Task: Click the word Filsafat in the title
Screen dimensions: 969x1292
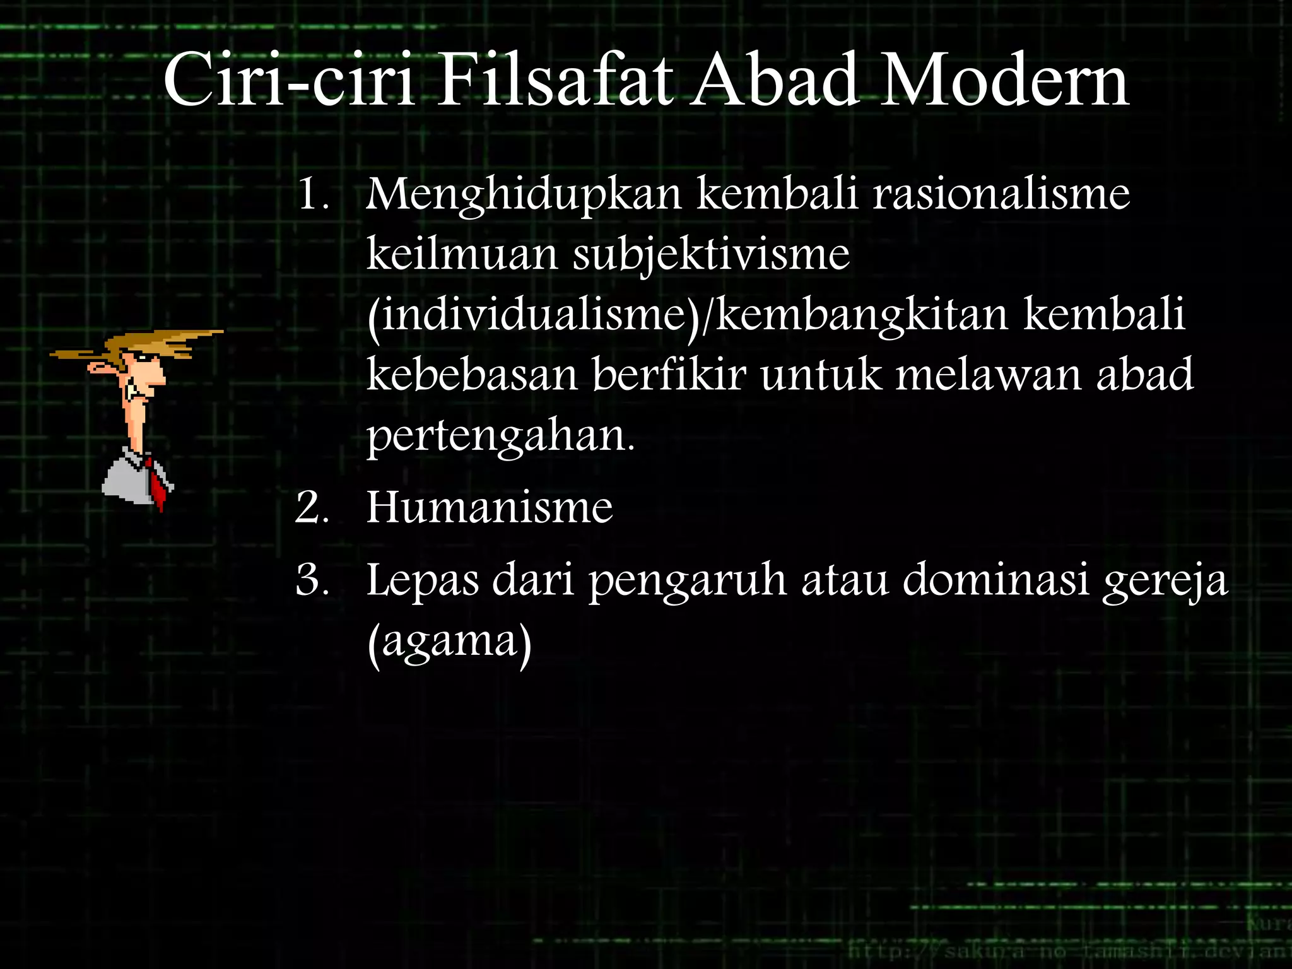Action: [554, 81]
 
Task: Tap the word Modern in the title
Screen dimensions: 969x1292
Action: [1003, 81]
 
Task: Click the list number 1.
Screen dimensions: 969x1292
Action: [312, 194]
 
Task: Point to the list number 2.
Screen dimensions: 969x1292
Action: [312, 508]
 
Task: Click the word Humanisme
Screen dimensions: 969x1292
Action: [489, 507]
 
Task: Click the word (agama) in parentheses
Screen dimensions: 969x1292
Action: [449, 642]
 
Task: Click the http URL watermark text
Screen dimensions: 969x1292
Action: [1066, 950]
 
